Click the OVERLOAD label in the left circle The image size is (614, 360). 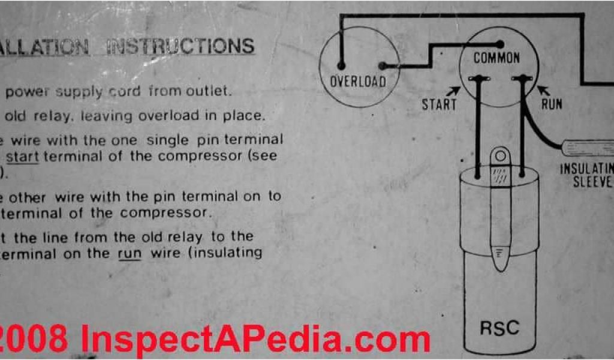coord(358,81)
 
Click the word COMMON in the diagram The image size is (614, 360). coord(496,58)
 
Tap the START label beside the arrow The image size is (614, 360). coord(439,104)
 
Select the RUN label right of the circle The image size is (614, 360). coord(552,104)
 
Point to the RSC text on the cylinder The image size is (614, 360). coord(499,328)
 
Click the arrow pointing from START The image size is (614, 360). coord(454,91)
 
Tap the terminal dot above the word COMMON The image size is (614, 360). coord(499,44)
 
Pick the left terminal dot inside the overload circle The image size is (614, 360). coord(341,65)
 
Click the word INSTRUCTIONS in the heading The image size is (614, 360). coord(180,47)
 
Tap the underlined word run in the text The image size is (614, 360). coord(130,253)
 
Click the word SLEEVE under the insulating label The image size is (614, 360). coord(592,182)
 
